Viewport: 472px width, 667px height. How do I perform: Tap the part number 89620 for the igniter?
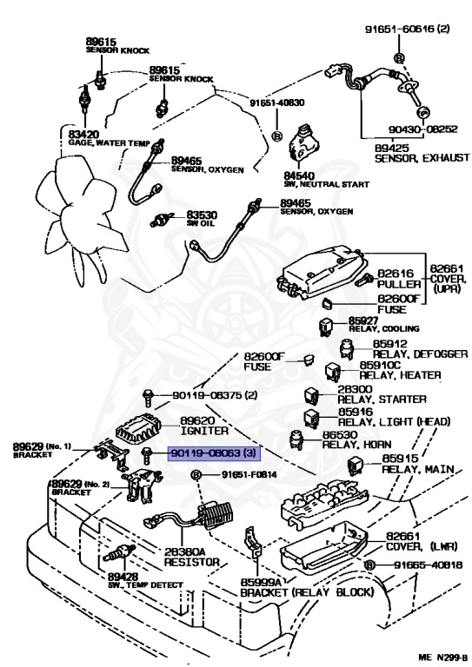click(x=196, y=419)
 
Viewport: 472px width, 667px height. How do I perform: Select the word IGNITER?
click(x=204, y=430)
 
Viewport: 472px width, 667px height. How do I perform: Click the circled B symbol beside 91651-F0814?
click(x=196, y=475)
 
